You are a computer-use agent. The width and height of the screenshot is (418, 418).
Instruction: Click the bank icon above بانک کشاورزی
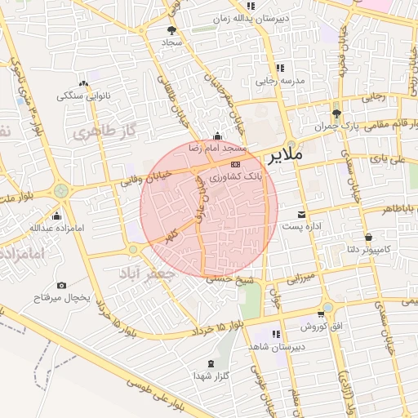(236, 164)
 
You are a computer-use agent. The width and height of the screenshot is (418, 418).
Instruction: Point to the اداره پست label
(302, 225)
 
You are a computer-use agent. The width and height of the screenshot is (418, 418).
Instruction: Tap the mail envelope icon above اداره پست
(302, 213)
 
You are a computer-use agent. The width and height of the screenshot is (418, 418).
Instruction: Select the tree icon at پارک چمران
(336, 114)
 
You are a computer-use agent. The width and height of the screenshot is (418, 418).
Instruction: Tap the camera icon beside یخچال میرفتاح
(61, 286)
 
